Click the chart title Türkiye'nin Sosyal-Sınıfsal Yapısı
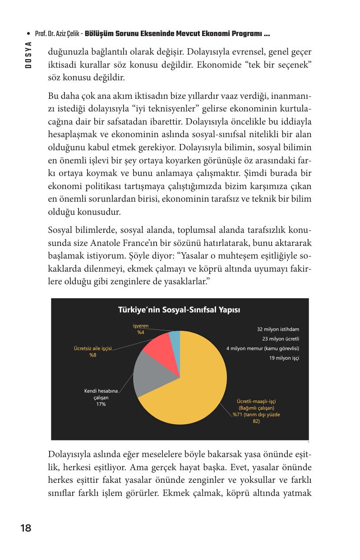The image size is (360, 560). point(179,310)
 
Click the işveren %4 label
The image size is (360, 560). point(141,329)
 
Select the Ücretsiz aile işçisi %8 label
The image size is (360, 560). point(92,352)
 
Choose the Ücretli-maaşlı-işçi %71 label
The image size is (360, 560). point(256,411)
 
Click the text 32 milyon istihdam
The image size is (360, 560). point(278,329)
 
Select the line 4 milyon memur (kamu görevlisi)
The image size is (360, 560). point(263,348)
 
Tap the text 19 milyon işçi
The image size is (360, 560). point(284,358)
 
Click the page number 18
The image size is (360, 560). point(26,528)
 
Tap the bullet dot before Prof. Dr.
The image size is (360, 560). point(28,34)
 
